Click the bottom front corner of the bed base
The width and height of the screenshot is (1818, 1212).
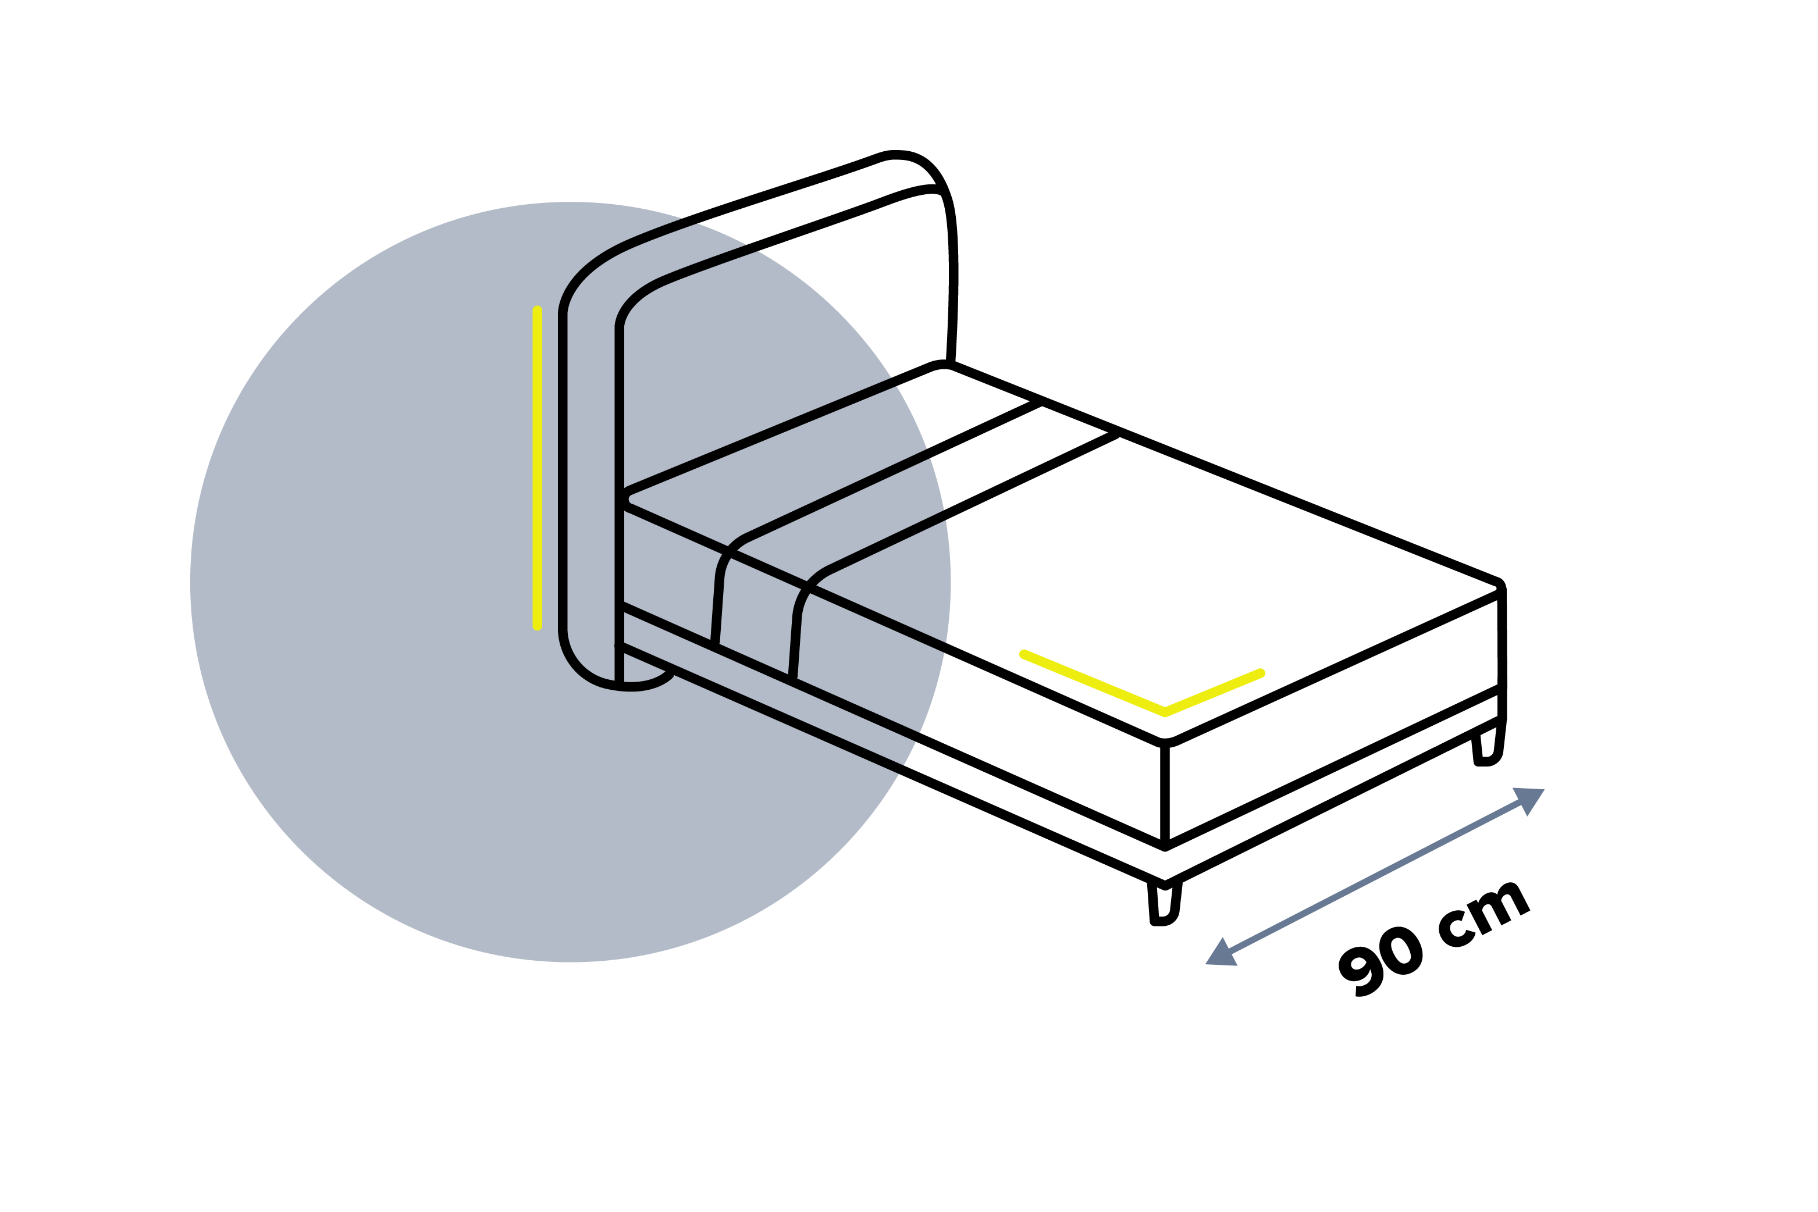(x=1165, y=883)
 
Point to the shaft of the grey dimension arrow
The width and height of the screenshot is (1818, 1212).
(x=1375, y=876)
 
